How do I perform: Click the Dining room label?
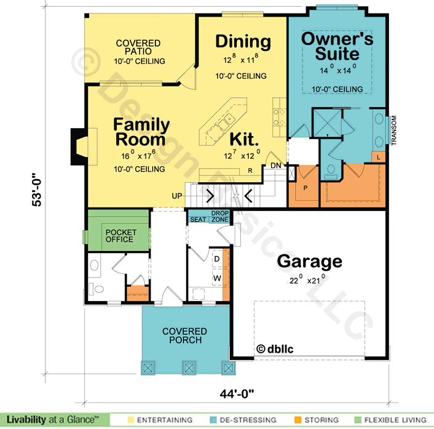pyautogui.click(x=243, y=42)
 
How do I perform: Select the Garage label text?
pyautogui.click(x=309, y=262)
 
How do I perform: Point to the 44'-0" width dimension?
pyautogui.click(x=237, y=393)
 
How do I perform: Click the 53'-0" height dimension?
pyautogui.click(x=37, y=190)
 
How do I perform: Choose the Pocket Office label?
pyautogui.click(x=121, y=236)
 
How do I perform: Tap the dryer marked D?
pyautogui.click(x=217, y=259)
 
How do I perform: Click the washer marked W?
pyautogui.click(x=217, y=278)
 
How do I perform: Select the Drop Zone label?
pyautogui.click(x=220, y=217)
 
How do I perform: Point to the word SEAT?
pyautogui.click(x=198, y=220)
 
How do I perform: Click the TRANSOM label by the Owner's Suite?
pyautogui.click(x=394, y=130)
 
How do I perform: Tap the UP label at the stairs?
pyautogui.click(x=177, y=196)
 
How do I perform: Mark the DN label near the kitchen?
pyautogui.click(x=275, y=166)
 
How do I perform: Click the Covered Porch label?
pyautogui.click(x=184, y=335)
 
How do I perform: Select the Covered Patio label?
pyautogui.click(x=138, y=47)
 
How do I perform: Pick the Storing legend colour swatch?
pyautogui.click(x=298, y=420)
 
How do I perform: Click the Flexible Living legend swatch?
pyautogui.click(x=358, y=420)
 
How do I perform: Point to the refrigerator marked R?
pyautogui.click(x=250, y=170)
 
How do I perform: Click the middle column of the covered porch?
pyautogui.click(x=189, y=367)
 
